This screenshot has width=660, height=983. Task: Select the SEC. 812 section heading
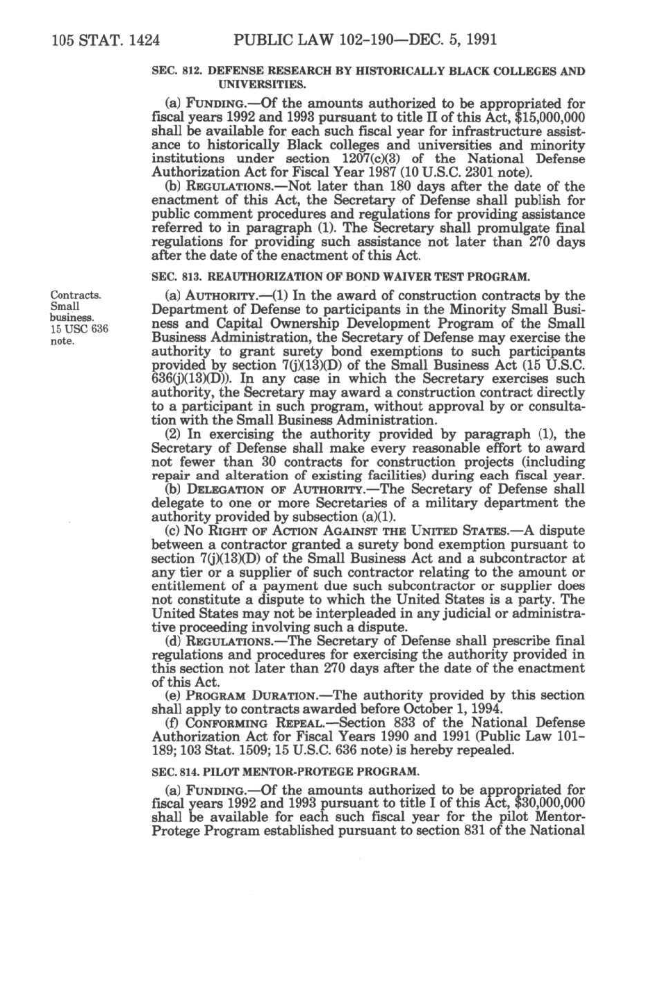[368, 78]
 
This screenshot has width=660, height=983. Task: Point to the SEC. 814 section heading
[285, 771]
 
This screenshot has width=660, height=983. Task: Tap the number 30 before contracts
[272, 462]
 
